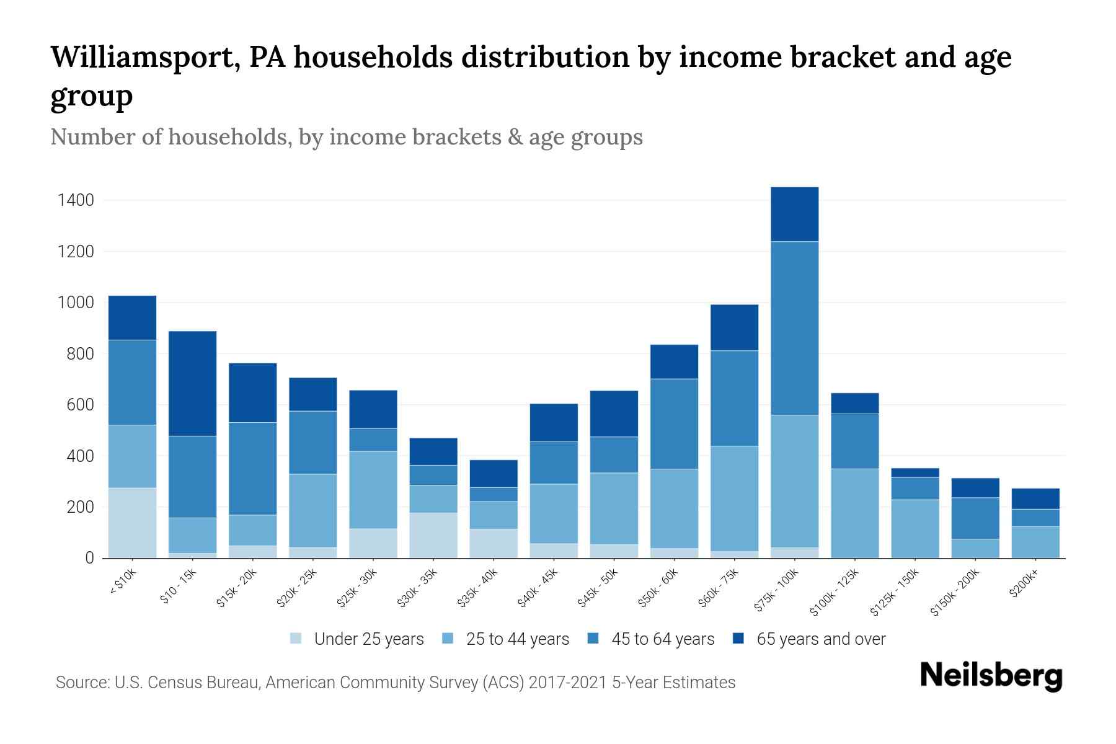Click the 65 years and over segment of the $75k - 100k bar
(x=794, y=214)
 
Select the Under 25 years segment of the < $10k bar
(x=132, y=523)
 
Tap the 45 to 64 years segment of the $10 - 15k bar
(x=192, y=476)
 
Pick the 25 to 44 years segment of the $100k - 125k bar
(x=854, y=513)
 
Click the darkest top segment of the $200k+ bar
(x=1035, y=498)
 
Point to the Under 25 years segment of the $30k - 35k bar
(x=433, y=534)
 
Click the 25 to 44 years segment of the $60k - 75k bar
(x=734, y=498)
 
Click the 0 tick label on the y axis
(x=89, y=558)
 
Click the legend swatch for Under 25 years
(x=296, y=638)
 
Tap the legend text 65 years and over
(x=821, y=639)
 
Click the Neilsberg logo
(x=991, y=675)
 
